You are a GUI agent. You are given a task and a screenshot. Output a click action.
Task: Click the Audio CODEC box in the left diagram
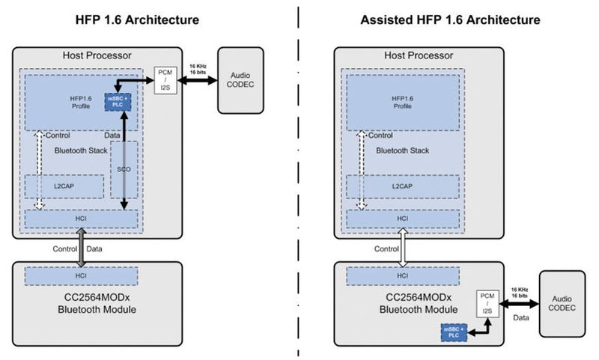pos(240,80)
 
